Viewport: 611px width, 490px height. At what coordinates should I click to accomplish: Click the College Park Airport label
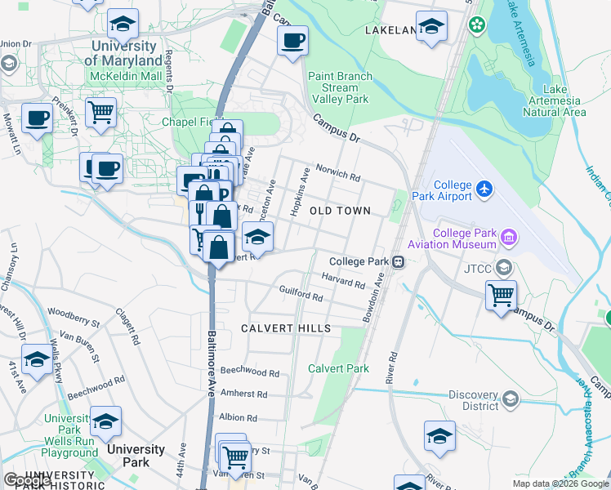coord(453,190)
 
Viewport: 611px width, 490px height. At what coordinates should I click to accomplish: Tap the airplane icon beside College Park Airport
coord(485,189)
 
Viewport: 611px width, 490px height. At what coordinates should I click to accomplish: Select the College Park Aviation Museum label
coord(464,238)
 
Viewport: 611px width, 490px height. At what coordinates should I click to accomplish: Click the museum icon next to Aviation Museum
coord(510,238)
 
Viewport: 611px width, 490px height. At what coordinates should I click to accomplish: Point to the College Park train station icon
coord(398,262)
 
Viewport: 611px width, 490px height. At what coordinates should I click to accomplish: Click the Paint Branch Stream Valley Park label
coord(340,87)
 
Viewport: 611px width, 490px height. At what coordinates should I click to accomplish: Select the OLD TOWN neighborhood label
coord(340,211)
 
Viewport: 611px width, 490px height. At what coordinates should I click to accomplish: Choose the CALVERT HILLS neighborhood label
coord(286,328)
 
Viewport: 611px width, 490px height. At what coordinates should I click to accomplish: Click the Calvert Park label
coord(338,368)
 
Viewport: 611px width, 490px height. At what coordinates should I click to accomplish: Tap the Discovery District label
coord(474,400)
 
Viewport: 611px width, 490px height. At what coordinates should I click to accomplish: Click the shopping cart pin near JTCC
coord(501,294)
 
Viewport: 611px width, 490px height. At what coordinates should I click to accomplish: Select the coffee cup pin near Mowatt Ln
coord(36,118)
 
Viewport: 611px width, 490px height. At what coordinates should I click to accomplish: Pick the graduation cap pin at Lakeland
coord(430,26)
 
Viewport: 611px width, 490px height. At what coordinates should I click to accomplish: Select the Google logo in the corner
coord(27,480)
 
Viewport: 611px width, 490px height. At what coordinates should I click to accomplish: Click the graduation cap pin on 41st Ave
coord(37,360)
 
